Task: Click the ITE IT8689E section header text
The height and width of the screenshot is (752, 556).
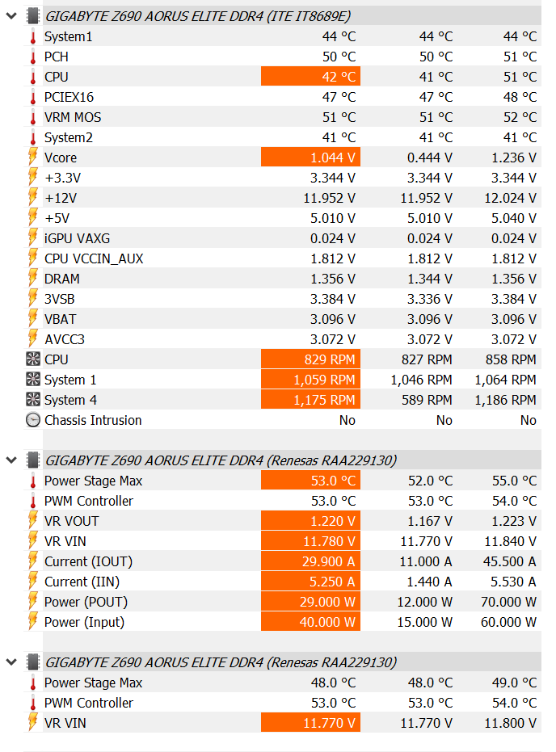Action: click(x=198, y=16)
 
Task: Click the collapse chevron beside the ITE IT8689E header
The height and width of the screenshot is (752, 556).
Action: click(x=11, y=16)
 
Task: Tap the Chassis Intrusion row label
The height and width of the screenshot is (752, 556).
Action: click(x=93, y=420)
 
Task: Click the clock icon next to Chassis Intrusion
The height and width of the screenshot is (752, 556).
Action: click(x=32, y=420)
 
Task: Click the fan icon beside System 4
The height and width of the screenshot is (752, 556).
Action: click(x=32, y=400)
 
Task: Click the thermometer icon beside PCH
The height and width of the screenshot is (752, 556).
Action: click(x=32, y=57)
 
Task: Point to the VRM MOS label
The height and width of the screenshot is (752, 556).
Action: click(x=73, y=117)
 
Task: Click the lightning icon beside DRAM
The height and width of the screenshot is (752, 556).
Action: click(x=32, y=279)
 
